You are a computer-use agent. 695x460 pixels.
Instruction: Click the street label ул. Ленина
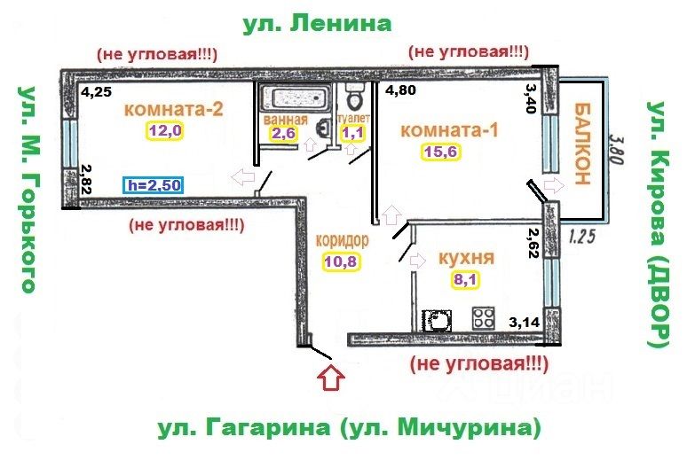point(317,23)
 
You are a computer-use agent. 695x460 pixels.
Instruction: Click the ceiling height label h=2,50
point(156,187)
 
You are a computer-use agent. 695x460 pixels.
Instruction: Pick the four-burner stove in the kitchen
point(483,317)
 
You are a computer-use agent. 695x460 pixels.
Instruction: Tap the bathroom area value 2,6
point(283,134)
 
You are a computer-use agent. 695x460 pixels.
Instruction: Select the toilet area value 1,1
point(352,134)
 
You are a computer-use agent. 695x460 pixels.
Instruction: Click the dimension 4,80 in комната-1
point(399,89)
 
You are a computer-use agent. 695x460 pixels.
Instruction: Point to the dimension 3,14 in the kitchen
point(524,323)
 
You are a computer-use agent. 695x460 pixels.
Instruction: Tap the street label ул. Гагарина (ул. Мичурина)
point(350,429)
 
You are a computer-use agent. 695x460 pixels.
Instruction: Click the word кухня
point(466,260)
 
